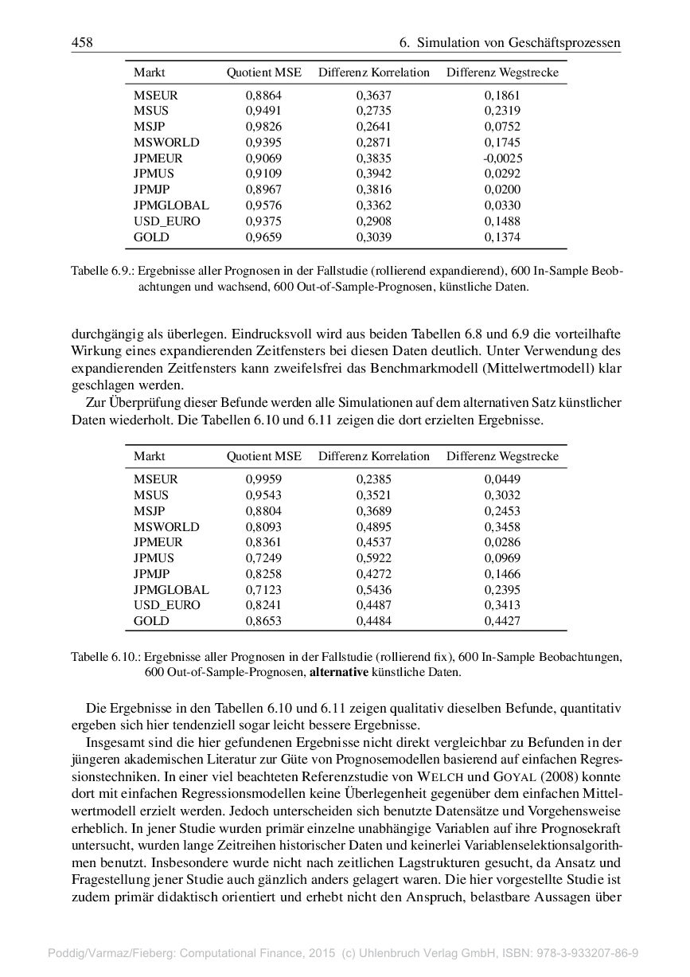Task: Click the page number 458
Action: coord(82,42)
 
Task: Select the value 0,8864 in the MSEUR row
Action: coord(263,95)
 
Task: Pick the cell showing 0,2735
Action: coord(373,111)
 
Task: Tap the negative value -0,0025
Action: coord(502,158)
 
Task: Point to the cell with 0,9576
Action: coord(263,205)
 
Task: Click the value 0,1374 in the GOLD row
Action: coord(502,236)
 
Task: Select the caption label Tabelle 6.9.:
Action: coord(103,271)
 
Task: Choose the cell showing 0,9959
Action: coord(263,479)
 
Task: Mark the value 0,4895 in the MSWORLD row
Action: coord(373,526)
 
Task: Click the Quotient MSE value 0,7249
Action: coord(263,558)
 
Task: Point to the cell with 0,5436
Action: coord(373,590)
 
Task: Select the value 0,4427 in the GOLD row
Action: coord(502,621)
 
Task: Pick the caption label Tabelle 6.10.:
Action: coord(106,657)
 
